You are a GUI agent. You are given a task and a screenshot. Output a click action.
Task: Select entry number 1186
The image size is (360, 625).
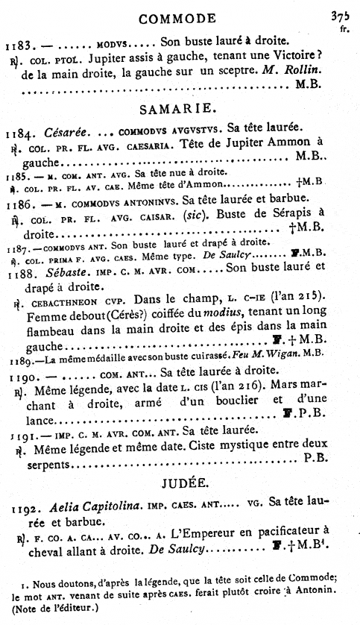[x=18, y=201]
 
